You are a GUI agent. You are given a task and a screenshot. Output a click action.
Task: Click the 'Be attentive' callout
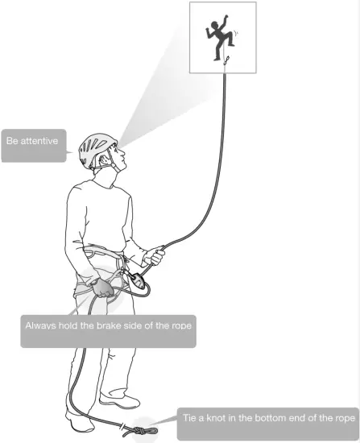point(34,141)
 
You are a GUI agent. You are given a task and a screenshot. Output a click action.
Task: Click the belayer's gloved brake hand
point(102,288)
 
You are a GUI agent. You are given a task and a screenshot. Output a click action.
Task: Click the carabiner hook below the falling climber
point(227,64)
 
